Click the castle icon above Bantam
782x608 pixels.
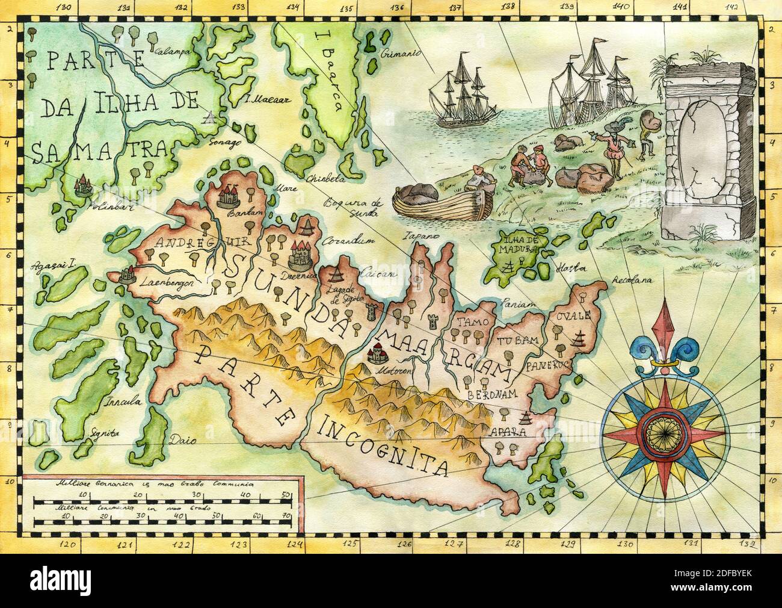click(x=229, y=194)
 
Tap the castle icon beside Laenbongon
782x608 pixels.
click(x=127, y=275)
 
